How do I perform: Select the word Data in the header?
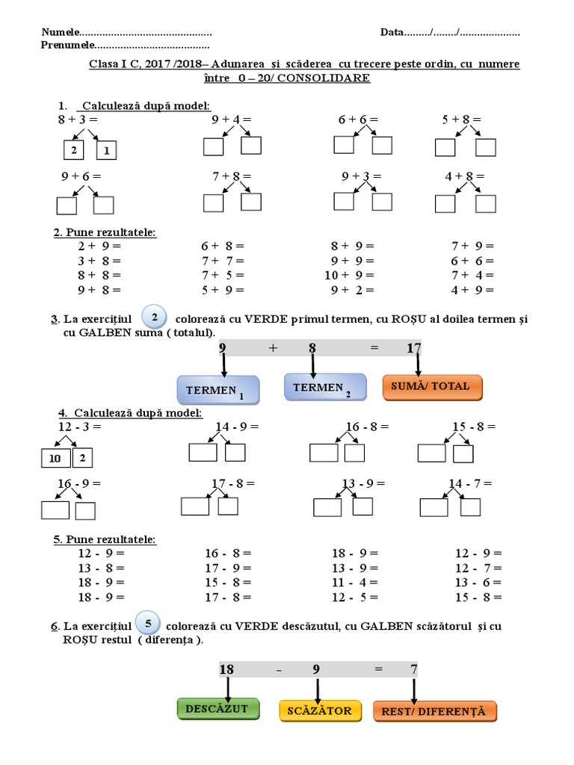pos(392,33)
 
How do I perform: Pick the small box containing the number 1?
pos(106,150)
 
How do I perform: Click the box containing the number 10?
pos(55,458)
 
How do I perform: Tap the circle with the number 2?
pos(153,317)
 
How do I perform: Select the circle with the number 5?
pos(149,622)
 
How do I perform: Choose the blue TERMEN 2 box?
pos(325,387)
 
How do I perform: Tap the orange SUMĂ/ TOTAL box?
pos(432,386)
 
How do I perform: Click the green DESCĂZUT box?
pos(217,709)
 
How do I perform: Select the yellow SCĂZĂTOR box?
pos(320,710)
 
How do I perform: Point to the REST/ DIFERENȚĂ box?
pos(434,711)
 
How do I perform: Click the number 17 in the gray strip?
pos(414,348)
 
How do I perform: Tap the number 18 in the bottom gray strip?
pos(226,669)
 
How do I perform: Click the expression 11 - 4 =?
pos(354,583)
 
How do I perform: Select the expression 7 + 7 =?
pos(223,261)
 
